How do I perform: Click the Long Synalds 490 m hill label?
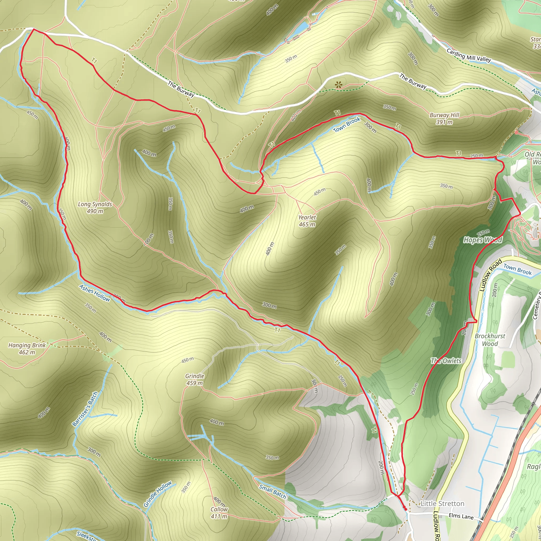95,207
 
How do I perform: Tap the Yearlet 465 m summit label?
307,221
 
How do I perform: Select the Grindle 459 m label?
195,379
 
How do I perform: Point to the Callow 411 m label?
219,513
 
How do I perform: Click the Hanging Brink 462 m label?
27,349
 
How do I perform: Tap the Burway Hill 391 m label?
444,118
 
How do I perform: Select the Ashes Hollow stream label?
94,293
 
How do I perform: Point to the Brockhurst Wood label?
490,340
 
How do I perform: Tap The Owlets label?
446,361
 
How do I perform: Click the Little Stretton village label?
442,503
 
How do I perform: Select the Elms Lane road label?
461,516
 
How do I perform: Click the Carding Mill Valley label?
469,55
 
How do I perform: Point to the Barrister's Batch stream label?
85,409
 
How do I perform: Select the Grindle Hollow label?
157,494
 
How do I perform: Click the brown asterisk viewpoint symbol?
339,85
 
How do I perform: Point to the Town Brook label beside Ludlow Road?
517,269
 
